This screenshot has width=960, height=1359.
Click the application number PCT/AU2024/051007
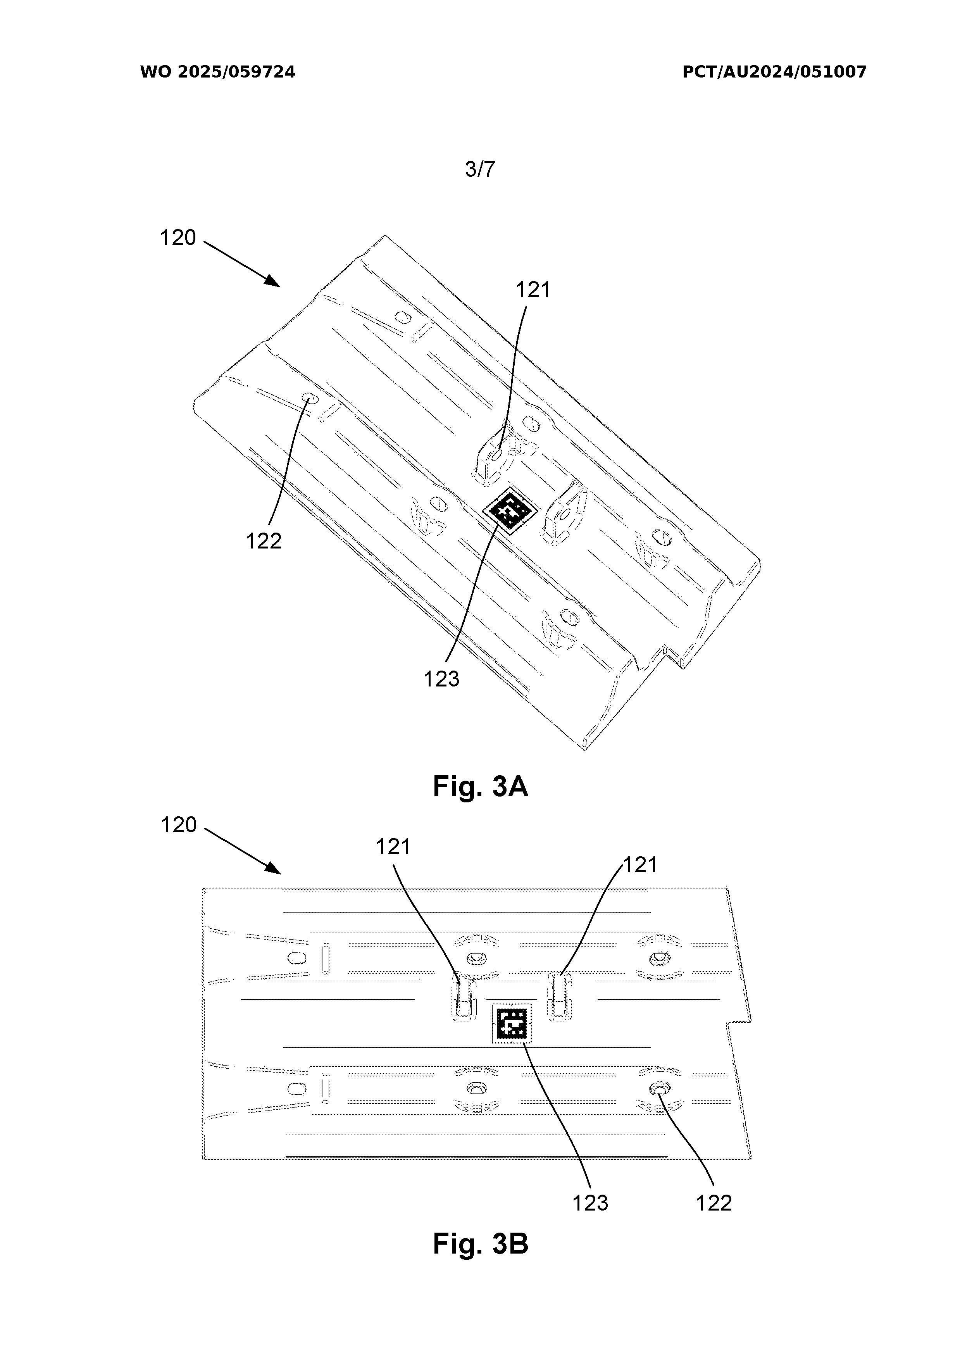coord(774,72)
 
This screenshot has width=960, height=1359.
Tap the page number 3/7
coord(480,169)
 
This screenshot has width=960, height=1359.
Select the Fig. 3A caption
coord(480,786)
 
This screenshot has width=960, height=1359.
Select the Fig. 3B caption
coord(480,1243)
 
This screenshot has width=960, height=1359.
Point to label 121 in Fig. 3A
coord(533,290)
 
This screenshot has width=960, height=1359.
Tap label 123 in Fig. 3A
coord(441,679)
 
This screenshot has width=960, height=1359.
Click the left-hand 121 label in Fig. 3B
coord(394,847)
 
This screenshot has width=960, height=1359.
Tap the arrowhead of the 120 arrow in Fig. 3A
coord(274,281)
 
